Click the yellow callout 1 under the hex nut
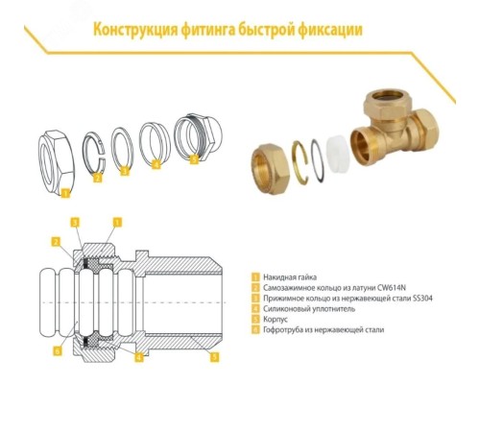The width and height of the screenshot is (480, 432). [x=65, y=191]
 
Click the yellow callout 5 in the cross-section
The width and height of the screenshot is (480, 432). [x=213, y=356]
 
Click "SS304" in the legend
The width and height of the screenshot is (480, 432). [x=420, y=298]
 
